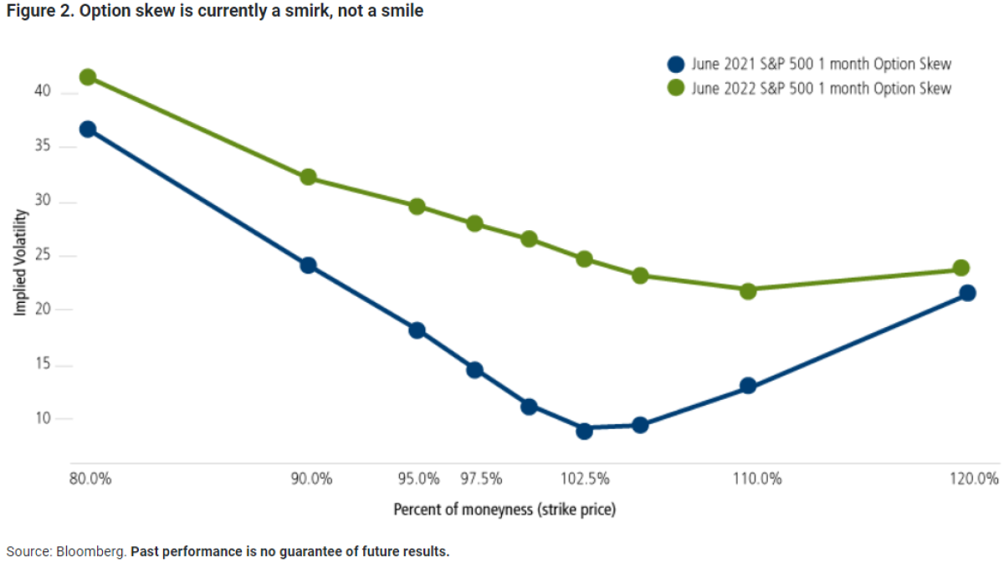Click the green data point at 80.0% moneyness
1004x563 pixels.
pyautogui.click(x=87, y=77)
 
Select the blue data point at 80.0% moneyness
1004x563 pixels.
pyautogui.click(x=87, y=130)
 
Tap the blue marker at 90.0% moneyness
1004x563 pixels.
pyautogui.click(x=308, y=265)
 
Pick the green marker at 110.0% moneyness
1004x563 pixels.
pyautogui.click(x=748, y=290)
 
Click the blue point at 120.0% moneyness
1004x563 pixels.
pyautogui.click(x=967, y=293)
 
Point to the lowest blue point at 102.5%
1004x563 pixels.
pyautogui.click(x=584, y=431)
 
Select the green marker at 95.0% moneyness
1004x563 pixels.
pyautogui.click(x=417, y=207)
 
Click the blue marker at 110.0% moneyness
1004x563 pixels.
pyautogui.click(x=748, y=386)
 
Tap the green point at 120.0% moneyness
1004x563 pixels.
pyautogui.click(x=961, y=269)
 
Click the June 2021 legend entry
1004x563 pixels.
pyautogui.click(x=821, y=64)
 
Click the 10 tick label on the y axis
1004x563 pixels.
pyautogui.click(x=44, y=419)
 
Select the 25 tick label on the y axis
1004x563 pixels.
pyautogui.click(x=44, y=256)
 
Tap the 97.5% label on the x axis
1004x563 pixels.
pyautogui.click(x=482, y=479)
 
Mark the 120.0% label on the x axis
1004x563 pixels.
pyautogui.click(x=974, y=479)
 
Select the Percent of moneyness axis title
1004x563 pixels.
pyautogui.click(x=505, y=509)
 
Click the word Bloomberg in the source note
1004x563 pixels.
pyautogui.click(x=91, y=552)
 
